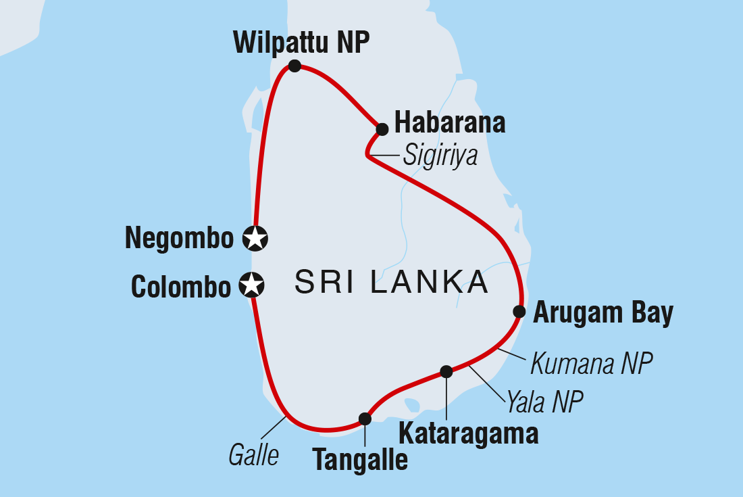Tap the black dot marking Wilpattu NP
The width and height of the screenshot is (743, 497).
click(x=294, y=66)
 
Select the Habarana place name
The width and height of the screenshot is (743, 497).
click(x=450, y=124)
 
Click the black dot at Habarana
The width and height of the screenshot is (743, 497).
click(x=382, y=128)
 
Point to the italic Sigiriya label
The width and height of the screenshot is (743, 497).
click(x=440, y=156)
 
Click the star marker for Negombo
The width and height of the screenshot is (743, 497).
click(x=256, y=237)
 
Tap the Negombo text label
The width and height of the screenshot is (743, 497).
click(x=179, y=239)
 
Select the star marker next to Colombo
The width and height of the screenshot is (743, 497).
click(x=252, y=285)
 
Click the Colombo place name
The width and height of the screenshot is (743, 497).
click(x=181, y=287)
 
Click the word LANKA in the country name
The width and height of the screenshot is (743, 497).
click(x=429, y=282)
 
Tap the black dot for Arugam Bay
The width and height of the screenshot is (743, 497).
click(x=519, y=311)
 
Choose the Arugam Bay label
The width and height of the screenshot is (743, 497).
click(x=603, y=314)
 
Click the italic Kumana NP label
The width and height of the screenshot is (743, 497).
click(x=591, y=364)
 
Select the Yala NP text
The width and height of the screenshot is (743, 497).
click(x=543, y=402)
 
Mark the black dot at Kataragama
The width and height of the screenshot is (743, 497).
click(x=446, y=371)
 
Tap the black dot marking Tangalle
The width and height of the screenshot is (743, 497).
click(x=365, y=419)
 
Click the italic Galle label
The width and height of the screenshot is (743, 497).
click(x=253, y=456)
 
